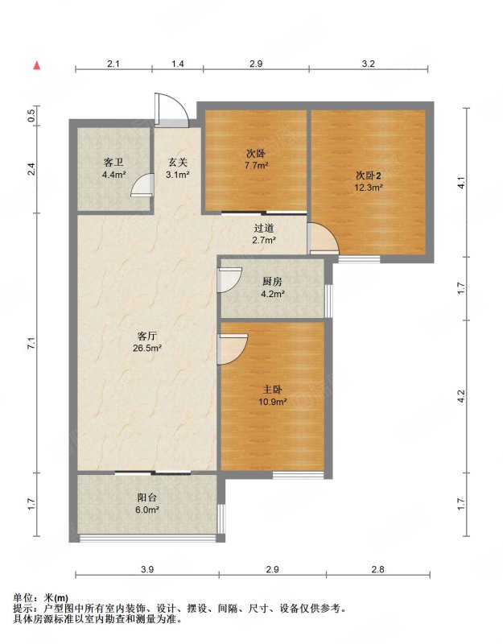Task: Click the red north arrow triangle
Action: pyautogui.click(x=37, y=65)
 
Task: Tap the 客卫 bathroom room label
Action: pyautogui.click(x=113, y=163)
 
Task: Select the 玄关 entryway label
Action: pyautogui.click(x=177, y=163)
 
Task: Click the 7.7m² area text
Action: pyautogui.click(x=257, y=166)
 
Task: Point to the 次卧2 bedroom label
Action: pyautogui.click(x=369, y=176)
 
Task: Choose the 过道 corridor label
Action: pyautogui.click(x=264, y=229)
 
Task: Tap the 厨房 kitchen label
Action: pyautogui.click(x=272, y=282)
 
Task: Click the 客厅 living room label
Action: pyautogui.click(x=147, y=336)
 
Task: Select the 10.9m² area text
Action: pyautogui.click(x=272, y=401)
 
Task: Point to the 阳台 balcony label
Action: pyautogui.click(x=147, y=497)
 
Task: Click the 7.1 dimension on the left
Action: pyautogui.click(x=31, y=343)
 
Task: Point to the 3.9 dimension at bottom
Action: pyautogui.click(x=147, y=569)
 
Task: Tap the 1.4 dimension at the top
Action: pyautogui.click(x=177, y=64)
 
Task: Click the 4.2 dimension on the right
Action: pyautogui.click(x=460, y=396)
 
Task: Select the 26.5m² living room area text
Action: pyautogui.click(x=147, y=348)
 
